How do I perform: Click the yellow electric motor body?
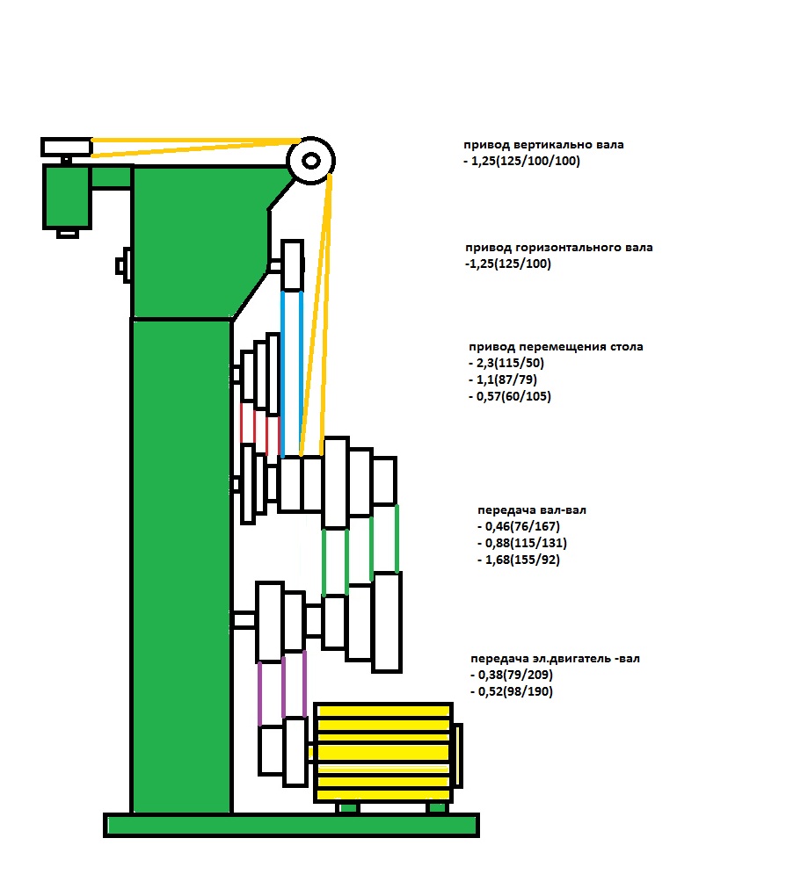[383, 752]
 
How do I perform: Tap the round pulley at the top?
[310, 161]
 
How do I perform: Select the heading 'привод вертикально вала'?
[544, 145]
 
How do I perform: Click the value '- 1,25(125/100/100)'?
[521, 162]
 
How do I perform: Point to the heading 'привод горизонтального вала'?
[558, 248]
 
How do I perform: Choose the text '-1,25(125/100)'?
[507, 264]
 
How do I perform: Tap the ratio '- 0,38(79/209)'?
[513, 675]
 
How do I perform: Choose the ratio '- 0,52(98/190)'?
[513, 691]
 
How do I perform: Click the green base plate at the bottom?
[291, 825]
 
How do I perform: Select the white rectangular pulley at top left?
[66, 147]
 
